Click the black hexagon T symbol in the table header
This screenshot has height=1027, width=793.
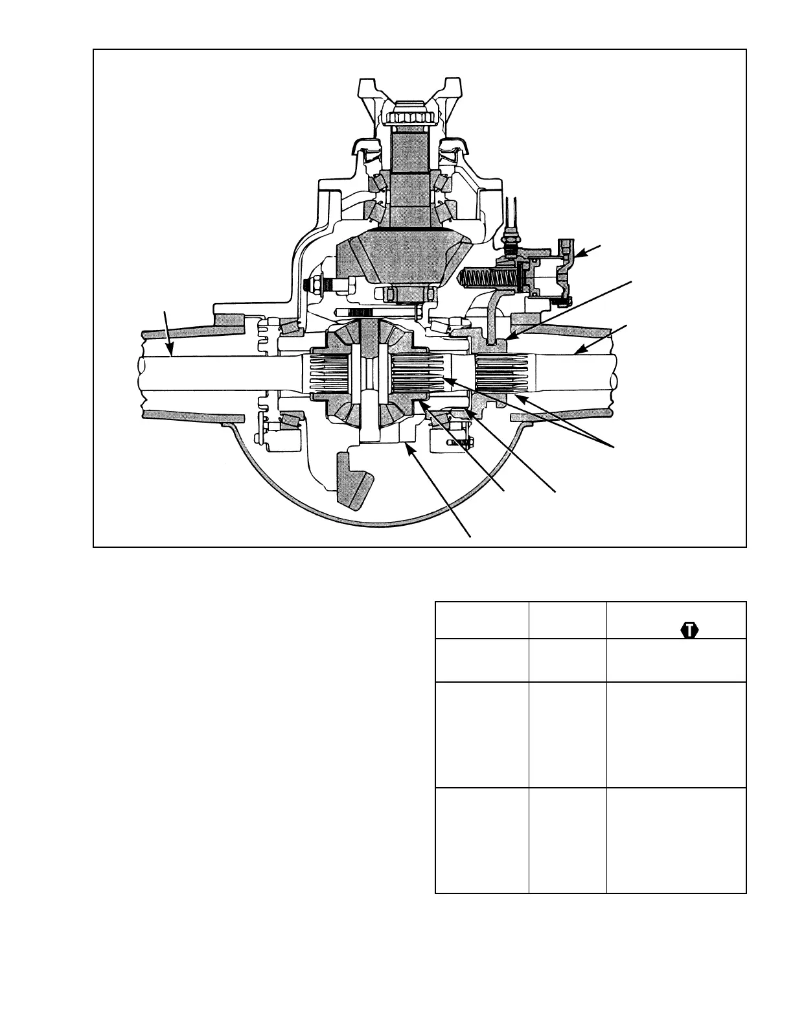pyautogui.click(x=691, y=630)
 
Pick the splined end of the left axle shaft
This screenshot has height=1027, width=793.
pyautogui.click(x=327, y=374)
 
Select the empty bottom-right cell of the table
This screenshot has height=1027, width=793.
pyautogui.click(x=676, y=841)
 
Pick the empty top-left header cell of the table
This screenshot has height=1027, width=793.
pyautogui.click(x=481, y=620)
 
